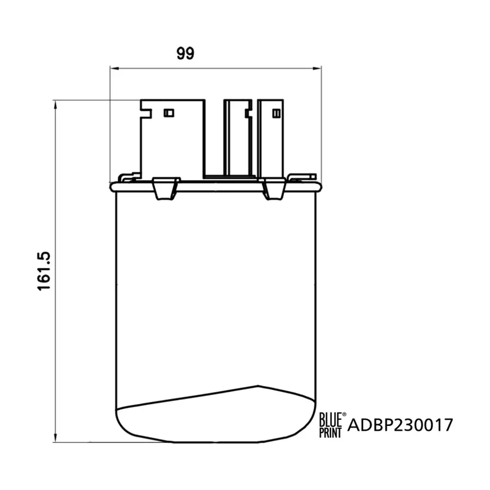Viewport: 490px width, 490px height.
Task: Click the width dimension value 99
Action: point(185,54)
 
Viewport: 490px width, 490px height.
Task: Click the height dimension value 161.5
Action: point(44,271)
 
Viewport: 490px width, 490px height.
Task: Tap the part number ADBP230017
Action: point(400,425)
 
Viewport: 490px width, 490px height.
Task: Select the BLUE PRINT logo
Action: point(330,425)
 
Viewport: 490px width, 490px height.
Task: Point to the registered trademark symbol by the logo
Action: point(345,414)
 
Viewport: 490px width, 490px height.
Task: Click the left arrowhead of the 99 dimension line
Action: point(114,68)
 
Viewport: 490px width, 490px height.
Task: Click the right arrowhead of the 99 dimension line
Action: point(317,68)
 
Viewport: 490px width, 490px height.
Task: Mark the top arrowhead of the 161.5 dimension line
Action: point(56,105)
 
